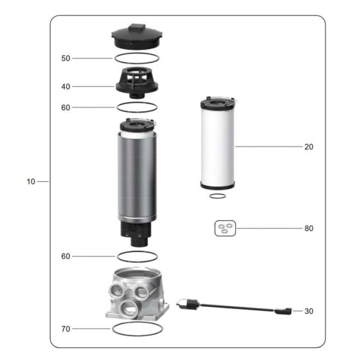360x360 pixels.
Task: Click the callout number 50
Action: [x=66, y=59]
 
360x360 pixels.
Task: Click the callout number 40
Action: [x=66, y=86]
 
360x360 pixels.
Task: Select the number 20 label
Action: [x=309, y=147]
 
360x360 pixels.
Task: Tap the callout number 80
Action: [x=309, y=228]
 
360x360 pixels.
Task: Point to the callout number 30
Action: [x=309, y=311]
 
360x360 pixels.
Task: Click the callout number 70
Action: [x=66, y=328]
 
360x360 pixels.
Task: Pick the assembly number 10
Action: [x=31, y=182]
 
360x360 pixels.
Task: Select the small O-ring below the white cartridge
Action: [x=217, y=195]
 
